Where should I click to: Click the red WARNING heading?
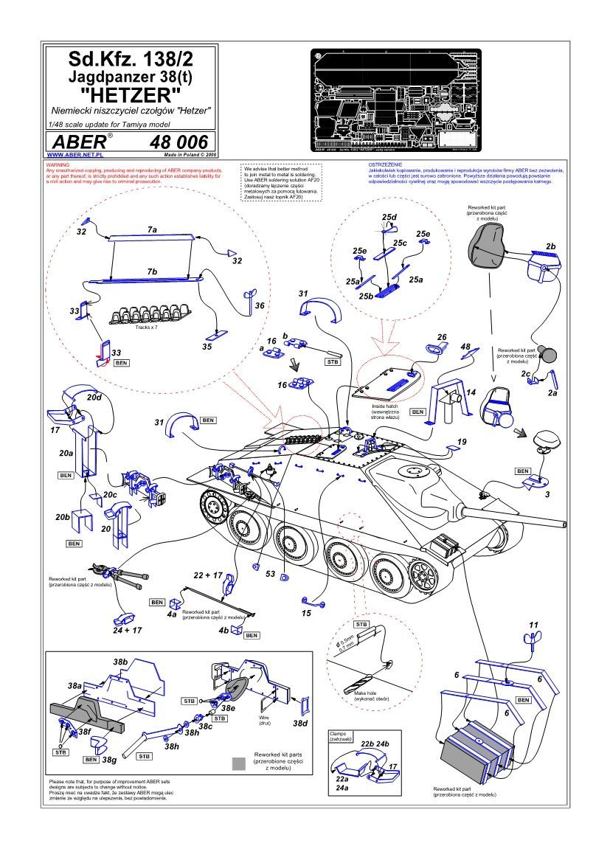[58, 164]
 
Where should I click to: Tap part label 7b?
[152, 271]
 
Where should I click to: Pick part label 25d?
[389, 216]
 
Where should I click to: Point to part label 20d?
[94, 397]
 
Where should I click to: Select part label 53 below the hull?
[270, 574]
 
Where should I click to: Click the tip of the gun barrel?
[566, 524]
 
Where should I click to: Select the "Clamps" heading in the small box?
[342, 734]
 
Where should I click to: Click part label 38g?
[110, 758]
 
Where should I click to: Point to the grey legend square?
[238, 763]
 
